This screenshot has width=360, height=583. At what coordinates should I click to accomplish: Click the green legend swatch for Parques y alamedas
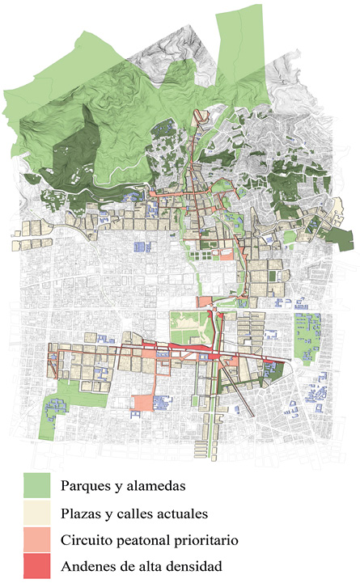pyautogui.click(x=37, y=485)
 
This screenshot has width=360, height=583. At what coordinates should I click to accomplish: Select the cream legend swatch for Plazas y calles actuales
pyautogui.click(x=37, y=512)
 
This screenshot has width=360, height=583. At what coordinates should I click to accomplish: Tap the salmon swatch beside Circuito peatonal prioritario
pyautogui.click(x=37, y=539)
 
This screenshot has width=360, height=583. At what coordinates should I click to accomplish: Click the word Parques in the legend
pyautogui.click(x=86, y=487)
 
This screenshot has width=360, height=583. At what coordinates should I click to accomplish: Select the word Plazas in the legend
pyautogui.click(x=81, y=513)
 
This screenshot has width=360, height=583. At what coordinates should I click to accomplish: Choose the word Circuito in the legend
pyautogui.click(x=87, y=539)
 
